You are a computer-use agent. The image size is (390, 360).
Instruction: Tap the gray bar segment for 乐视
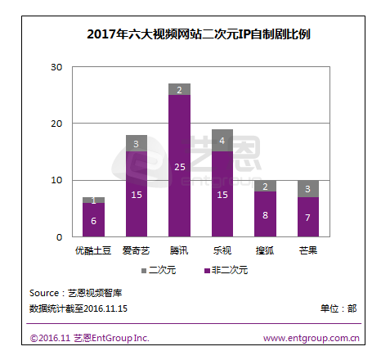point(222,140)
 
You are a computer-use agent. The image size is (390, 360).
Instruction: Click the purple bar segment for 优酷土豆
point(93,219)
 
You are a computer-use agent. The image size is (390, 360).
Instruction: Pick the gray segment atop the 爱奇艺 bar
point(136,143)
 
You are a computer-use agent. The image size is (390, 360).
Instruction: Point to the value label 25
point(179,166)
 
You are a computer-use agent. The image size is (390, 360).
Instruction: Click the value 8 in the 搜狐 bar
point(266,216)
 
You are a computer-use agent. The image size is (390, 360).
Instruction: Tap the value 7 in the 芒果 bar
point(308,218)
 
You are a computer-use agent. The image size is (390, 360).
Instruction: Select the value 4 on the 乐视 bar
point(222,140)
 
